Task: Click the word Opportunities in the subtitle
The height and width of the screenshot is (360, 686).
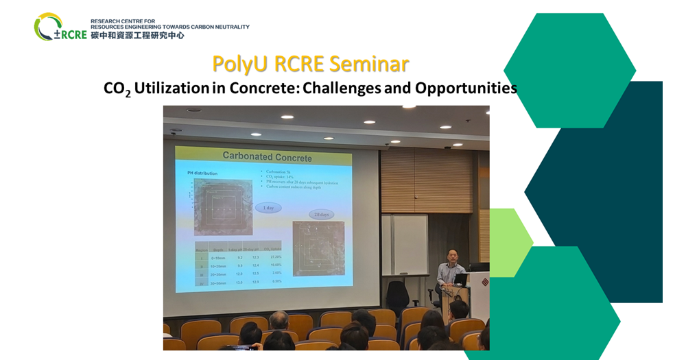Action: pyautogui.click(x=468, y=88)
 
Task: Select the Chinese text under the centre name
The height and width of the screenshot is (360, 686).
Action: pyautogui.click(x=137, y=35)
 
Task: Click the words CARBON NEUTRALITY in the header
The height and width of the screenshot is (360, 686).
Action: pyautogui.click(x=218, y=27)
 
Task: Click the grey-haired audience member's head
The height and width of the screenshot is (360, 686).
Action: pyautogui.click(x=279, y=320)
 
